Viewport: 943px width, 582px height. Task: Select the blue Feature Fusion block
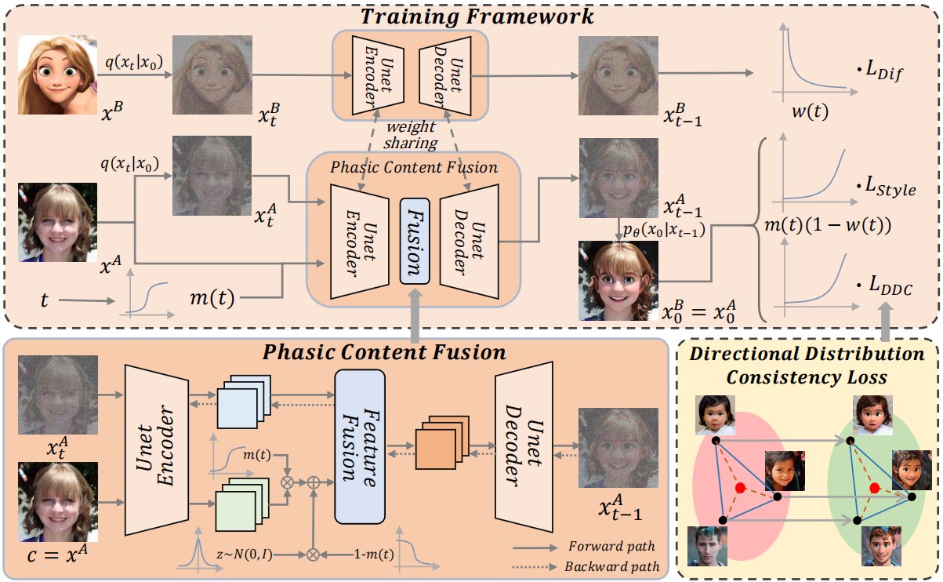[360, 446]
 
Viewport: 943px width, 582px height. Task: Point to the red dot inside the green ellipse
[875, 489]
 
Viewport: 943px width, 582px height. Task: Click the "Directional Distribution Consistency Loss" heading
[807, 366]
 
